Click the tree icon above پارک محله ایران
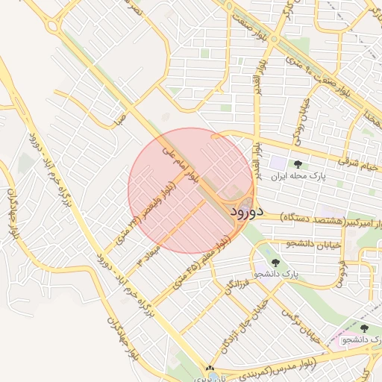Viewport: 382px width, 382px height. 298,164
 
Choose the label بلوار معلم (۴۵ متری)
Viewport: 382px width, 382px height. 197,260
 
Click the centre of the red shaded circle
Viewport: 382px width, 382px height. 191,191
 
